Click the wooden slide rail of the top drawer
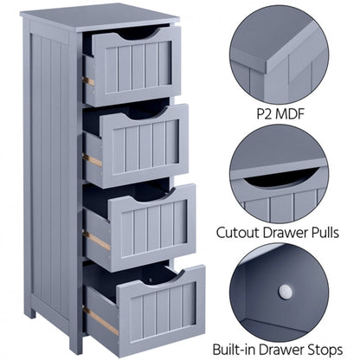(x=89, y=81)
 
